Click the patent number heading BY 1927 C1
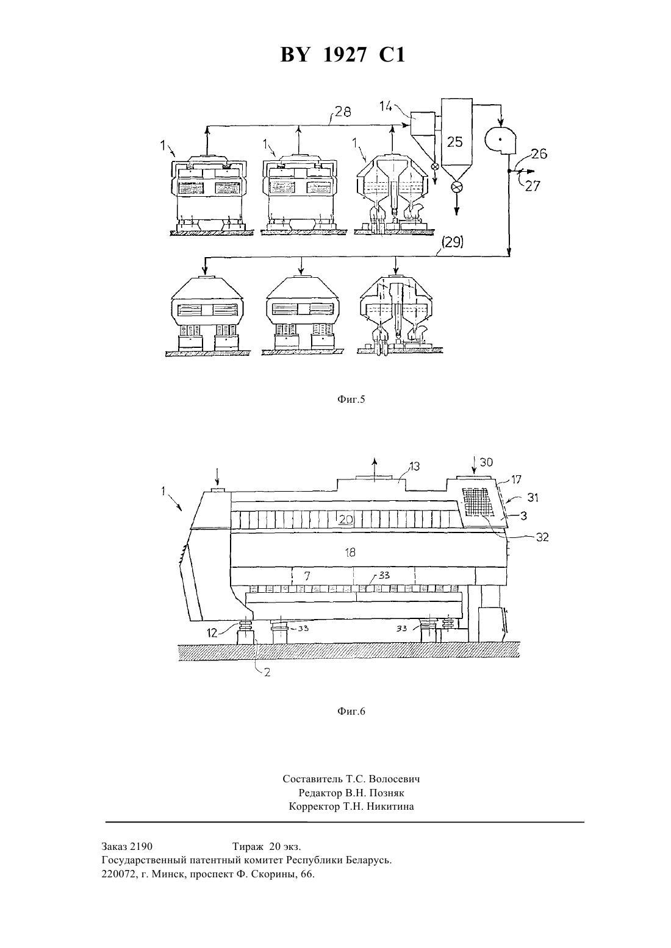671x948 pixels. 343,55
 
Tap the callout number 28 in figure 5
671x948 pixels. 343,111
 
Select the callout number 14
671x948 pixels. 386,106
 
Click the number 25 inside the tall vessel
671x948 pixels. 455,142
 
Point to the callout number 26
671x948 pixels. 539,154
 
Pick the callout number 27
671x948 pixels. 533,186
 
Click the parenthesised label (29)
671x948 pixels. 452,242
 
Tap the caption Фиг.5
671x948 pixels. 351,399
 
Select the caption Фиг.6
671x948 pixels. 351,712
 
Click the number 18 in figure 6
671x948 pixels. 350,553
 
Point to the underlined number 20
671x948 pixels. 346,519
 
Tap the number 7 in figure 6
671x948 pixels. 307,576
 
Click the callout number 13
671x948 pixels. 414,466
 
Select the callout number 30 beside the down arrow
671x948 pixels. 486,462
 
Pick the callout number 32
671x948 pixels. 542,537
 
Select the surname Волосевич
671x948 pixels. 395,779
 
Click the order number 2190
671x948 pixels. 142,846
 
